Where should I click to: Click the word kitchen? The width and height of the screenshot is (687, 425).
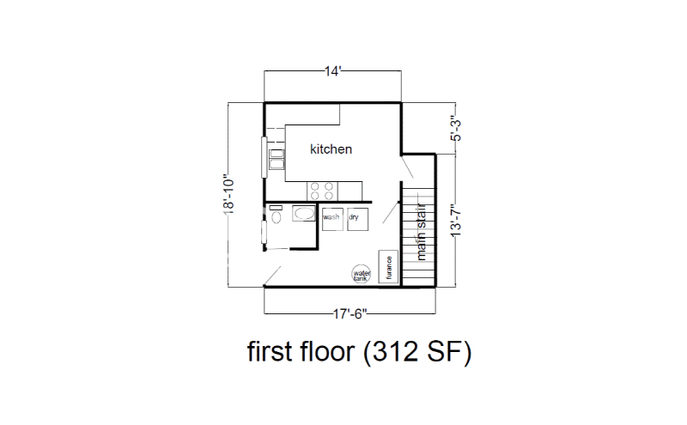331,149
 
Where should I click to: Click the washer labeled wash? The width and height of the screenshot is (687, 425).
332,218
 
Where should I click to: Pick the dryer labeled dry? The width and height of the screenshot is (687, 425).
357,218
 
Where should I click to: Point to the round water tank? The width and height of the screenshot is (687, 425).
362,274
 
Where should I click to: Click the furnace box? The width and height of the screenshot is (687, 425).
386,268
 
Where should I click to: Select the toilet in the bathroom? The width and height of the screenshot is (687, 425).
275,217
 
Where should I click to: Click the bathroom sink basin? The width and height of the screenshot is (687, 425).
302,213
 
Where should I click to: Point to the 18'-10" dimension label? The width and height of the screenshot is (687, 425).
230,196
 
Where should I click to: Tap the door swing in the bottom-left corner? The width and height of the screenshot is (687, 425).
272,275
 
